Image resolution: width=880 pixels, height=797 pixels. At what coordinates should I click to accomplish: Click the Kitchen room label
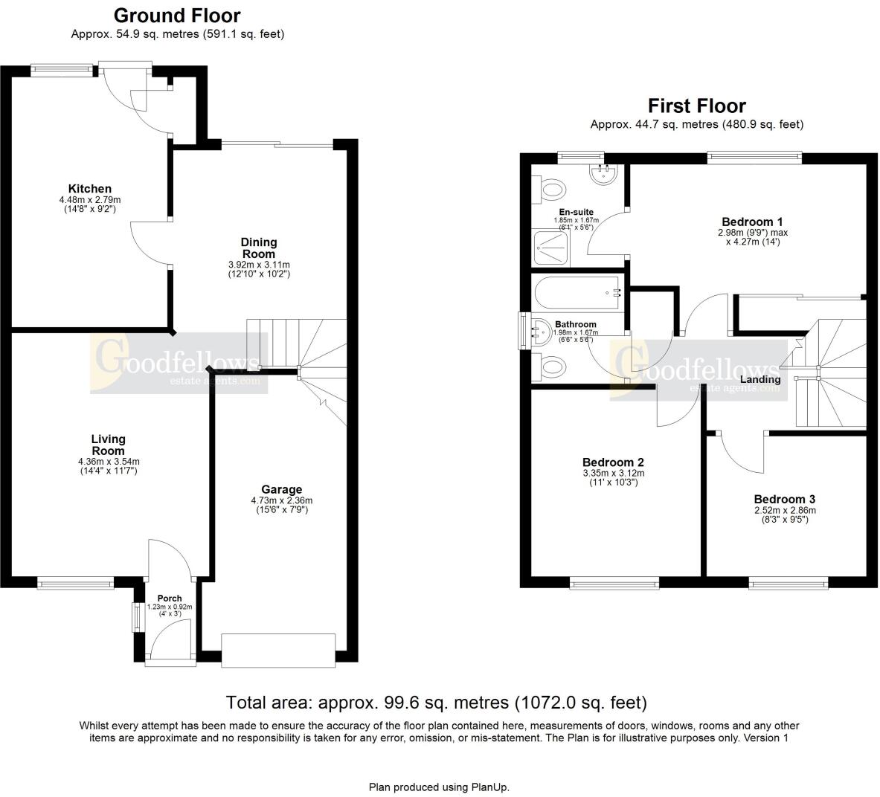pyautogui.click(x=89, y=189)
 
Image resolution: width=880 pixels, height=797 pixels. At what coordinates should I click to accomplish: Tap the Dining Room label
pyautogui.click(x=258, y=248)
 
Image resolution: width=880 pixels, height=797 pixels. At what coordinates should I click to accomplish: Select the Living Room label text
pyautogui.click(x=108, y=445)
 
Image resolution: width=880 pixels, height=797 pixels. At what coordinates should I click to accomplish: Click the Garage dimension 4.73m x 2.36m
pyautogui.click(x=281, y=500)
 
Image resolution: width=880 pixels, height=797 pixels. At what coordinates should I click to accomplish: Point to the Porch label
pyautogui.click(x=169, y=598)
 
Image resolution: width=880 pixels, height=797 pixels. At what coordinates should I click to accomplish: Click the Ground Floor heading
pyautogui.click(x=177, y=16)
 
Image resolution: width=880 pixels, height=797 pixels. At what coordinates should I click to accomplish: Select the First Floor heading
pyautogui.click(x=696, y=106)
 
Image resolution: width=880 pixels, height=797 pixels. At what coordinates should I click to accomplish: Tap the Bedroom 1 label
pyautogui.click(x=752, y=222)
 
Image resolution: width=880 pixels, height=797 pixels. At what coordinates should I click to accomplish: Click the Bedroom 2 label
pyautogui.click(x=613, y=462)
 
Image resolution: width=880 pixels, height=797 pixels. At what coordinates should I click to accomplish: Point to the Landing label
pyautogui.click(x=759, y=379)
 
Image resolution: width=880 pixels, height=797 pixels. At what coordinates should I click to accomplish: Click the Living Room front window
pyautogui.click(x=76, y=584)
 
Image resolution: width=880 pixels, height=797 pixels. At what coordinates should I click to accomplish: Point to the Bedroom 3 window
pyautogui.click(x=789, y=584)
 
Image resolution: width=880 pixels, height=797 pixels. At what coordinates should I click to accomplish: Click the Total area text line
pyautogui.click(x=437, y=702)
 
